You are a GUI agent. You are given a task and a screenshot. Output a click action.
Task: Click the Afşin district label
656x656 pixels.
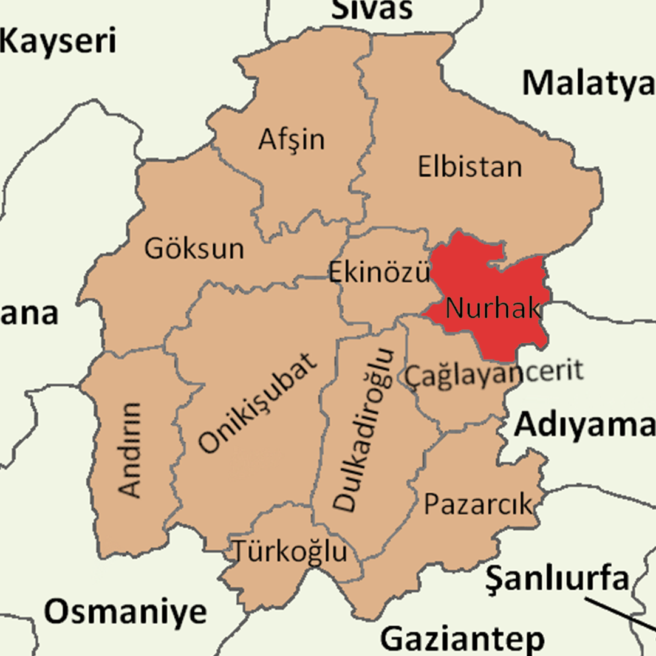click(292, 140)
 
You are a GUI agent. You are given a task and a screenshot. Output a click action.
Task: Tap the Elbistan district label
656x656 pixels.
click(470, 166)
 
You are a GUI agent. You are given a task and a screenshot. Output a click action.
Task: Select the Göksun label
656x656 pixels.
click(194, 248)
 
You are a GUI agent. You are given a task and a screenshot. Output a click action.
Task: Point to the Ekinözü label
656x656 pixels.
click(379, 273)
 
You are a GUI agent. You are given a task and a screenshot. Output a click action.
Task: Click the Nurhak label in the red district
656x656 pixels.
click(493, 309)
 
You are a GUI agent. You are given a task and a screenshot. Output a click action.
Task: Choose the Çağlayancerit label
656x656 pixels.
click(494, 372)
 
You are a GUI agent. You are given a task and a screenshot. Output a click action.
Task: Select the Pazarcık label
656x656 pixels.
click(477, 504)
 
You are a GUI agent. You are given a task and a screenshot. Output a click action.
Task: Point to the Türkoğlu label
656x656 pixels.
click(290, 552)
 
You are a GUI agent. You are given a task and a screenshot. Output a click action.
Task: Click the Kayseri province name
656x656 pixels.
click(58, 42)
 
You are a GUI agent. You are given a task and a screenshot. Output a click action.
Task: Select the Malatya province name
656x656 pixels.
click(588, 83)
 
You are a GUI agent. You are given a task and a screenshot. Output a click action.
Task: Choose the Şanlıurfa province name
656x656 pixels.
click(557, 579)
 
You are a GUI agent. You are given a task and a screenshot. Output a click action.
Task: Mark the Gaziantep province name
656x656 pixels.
click(462, 639)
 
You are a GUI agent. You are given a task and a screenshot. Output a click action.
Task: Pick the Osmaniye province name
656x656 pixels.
click(126, 611)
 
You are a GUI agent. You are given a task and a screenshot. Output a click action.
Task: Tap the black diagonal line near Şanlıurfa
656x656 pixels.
click(620, 617)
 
